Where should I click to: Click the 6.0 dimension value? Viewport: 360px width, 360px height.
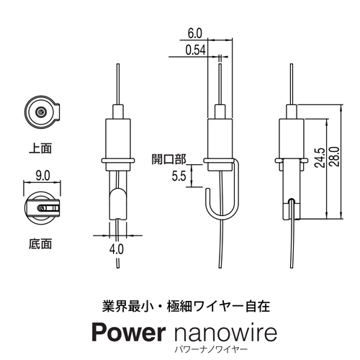pyautogui.click(x=195, y=33)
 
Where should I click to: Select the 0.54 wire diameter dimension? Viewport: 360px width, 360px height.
pyautogui.click(x=196, y=50)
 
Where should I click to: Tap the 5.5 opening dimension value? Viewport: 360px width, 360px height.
pyautogui.click(x=179, y=176)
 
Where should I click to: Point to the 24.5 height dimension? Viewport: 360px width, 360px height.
pyautogui.click(x=320, y=158)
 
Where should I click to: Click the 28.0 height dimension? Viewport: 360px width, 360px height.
pyautogui.click(x=335, y=156)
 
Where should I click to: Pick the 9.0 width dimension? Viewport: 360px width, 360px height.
pyautogui.click(x=42, y=176)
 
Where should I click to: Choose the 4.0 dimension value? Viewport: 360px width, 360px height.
pyautogui.click(x=117, y=249)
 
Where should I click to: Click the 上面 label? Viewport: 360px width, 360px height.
pyautogui.click(x=40, y=148)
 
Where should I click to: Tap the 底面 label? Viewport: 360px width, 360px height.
pyautogui.click(x=40, y=244)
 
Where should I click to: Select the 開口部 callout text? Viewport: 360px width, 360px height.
pyautogui.click(x=169, y=159)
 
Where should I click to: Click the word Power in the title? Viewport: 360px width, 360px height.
pyautogui.click(x=128, y=333)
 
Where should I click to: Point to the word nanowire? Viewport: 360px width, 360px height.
pyautogui.click(x=225, y=333)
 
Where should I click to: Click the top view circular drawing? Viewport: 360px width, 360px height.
pyautogui.click(x=42, y=112)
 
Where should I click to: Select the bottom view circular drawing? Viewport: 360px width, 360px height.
pyautogui.click(x=42, y=207)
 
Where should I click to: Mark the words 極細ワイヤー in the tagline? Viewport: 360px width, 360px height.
pyautogui.click(x=205, y=306)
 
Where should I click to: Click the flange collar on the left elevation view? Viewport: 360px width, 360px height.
pyautogui.click(x=117, y=161)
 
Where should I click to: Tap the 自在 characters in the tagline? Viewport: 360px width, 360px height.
pyautogui.click(x=258, y=306)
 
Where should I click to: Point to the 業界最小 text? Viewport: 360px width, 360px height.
pyautogui.click(x=127, y=306)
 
